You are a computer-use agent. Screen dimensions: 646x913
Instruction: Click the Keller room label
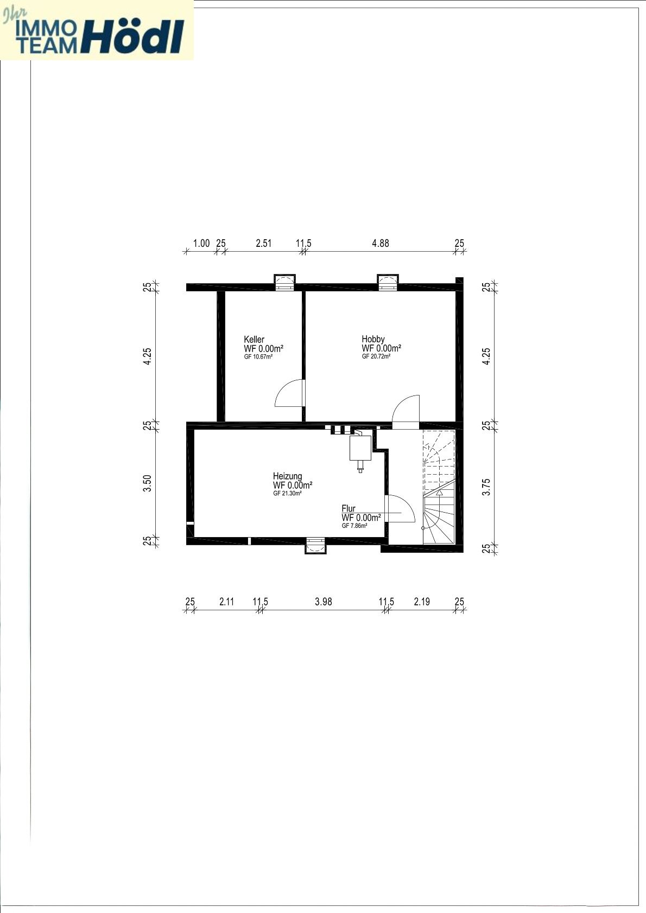pos(254,339)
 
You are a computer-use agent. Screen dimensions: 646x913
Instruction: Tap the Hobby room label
pos(373,339)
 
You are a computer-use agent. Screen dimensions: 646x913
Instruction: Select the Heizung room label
pos(288,476)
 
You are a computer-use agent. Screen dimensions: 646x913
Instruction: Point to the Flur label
pos(349,508)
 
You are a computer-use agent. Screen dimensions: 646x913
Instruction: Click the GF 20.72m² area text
pos(376,356)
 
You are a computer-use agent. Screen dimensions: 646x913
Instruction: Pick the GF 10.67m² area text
pos(258,356)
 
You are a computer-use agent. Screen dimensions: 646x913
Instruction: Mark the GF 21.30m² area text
pos(288,493)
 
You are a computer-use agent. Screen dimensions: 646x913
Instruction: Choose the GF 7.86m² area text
pos(355,526)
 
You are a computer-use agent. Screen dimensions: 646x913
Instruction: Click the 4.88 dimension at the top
pos(381,244)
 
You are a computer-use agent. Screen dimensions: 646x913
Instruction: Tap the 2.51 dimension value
pos(263,244)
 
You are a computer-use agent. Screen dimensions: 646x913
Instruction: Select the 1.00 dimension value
pos(201,244)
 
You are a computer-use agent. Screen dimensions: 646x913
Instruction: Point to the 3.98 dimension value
pos(324,602)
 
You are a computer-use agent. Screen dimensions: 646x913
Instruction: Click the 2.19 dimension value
pos(422,602)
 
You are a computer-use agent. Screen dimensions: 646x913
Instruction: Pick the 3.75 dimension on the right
pos(486,487)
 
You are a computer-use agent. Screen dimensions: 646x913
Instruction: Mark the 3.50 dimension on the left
pos(147,483)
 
